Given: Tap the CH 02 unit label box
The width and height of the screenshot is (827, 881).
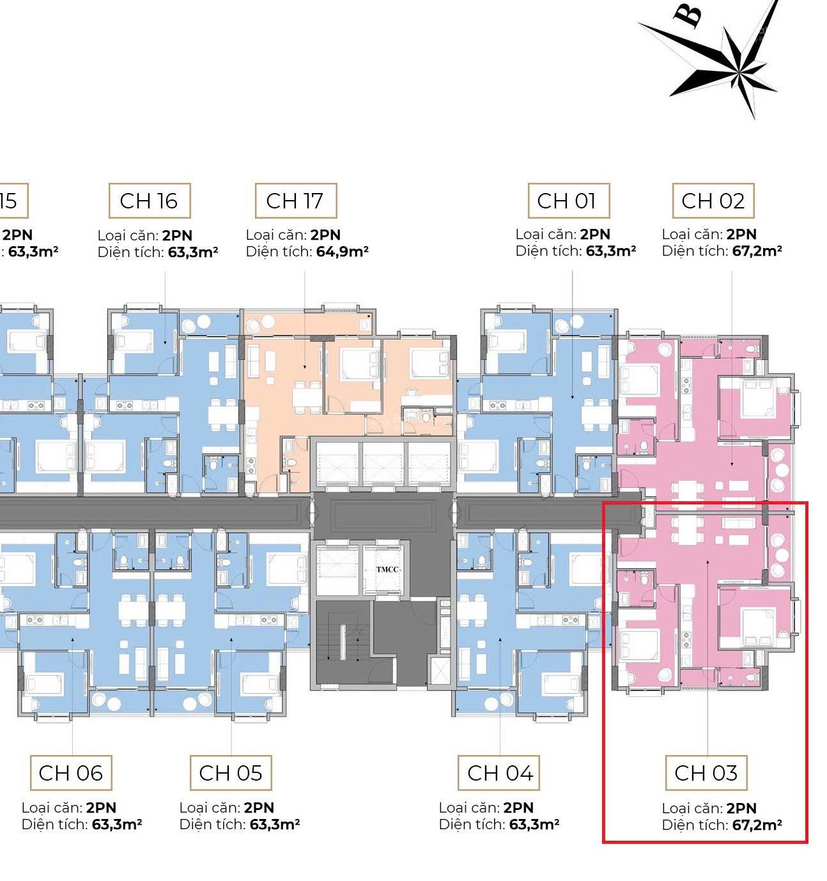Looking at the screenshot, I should coord(713,201).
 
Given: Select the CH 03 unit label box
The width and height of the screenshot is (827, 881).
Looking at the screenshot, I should coord(706,773).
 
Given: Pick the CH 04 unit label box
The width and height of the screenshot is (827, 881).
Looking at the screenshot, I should coord(500,773).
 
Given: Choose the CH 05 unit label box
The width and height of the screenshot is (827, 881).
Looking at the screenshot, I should coord(230,773).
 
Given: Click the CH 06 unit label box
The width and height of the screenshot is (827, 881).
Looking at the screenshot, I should coord(70,773).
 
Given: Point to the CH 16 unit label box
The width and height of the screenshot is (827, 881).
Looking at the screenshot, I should coord(149,201).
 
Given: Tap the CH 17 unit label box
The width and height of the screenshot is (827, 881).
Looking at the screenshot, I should coord(295,201).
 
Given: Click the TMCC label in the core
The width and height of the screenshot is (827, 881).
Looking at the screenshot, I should coord(387,569).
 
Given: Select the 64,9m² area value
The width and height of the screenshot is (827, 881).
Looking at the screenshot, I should coord(342,251).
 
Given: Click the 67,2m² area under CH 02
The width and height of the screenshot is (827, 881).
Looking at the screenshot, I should coord(757,251).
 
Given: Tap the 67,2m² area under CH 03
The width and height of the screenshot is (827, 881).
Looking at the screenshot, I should coord(757,825).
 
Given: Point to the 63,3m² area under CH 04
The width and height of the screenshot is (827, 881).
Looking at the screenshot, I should coord(534,824).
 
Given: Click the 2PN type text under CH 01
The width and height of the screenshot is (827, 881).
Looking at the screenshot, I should coord(595,235).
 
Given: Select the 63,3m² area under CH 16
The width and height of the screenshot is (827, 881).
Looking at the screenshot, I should coord(193,252).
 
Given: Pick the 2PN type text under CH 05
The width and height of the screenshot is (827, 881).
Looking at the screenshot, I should coord(259,807).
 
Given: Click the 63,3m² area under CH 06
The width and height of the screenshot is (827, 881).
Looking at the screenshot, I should coord(117,824).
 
